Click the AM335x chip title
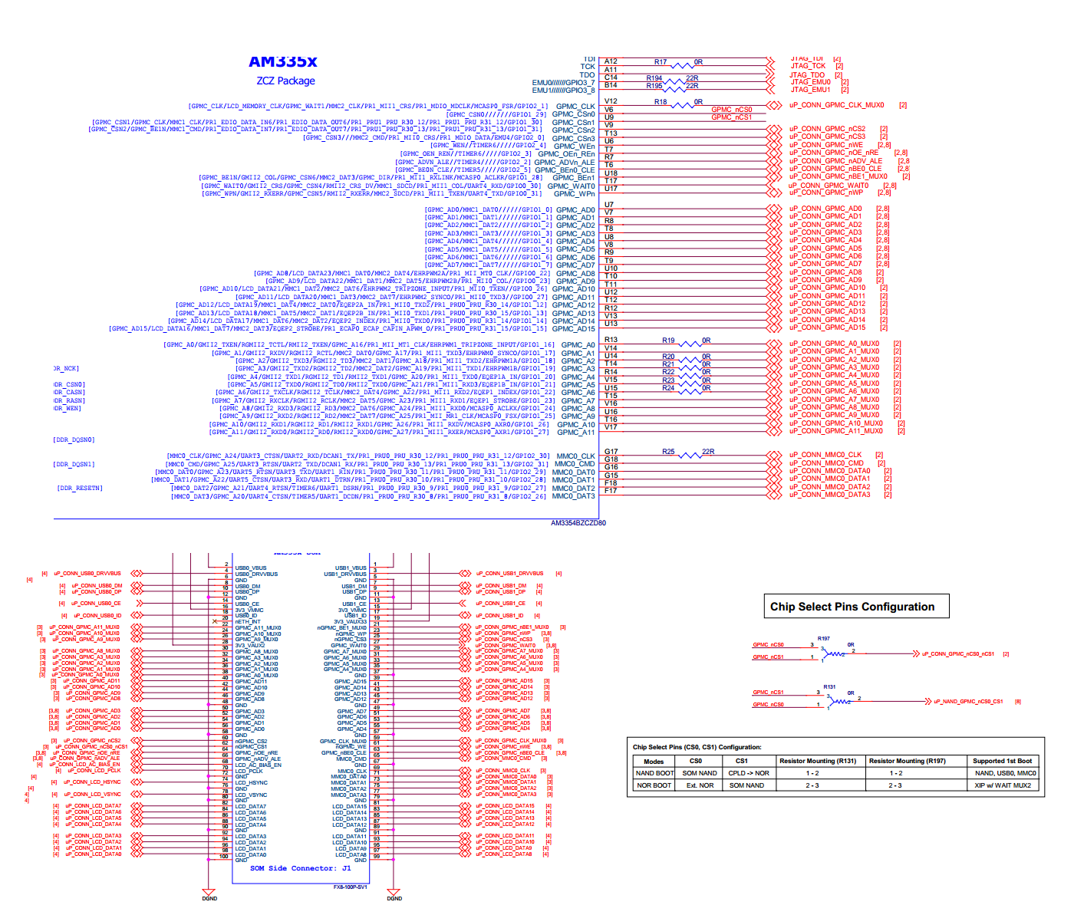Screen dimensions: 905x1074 [x=282, y=62]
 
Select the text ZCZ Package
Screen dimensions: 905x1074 [x=285, y=81]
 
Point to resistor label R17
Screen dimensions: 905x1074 [x=661, y=62]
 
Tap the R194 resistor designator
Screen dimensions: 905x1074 [x=654, y=78]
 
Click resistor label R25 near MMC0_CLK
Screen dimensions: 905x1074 [x=668, y=452]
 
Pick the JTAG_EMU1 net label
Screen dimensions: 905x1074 [x=811, y=90]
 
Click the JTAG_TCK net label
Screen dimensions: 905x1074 [x=808, y=66]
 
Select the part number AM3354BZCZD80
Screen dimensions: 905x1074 [x=578, y=523]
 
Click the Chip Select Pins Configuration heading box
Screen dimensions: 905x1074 [x=856, y=607]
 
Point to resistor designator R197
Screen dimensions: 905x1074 [x=823, y=638]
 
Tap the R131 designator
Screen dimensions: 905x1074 [x=829, y=687]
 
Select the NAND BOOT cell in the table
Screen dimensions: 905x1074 [x=654, y=773]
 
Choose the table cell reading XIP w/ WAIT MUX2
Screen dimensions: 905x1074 [x=1003, y=785]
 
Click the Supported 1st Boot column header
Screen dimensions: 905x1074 [x=1002, y=761]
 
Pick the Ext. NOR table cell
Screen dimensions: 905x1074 [x=700, y=785]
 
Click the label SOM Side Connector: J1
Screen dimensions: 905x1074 [x=300, y=868]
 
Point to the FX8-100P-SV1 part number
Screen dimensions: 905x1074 [x=350, y=887]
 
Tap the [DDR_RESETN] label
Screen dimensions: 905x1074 [x=80, y=488]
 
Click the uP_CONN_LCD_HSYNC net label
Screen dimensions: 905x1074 [x=93, y=782]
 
